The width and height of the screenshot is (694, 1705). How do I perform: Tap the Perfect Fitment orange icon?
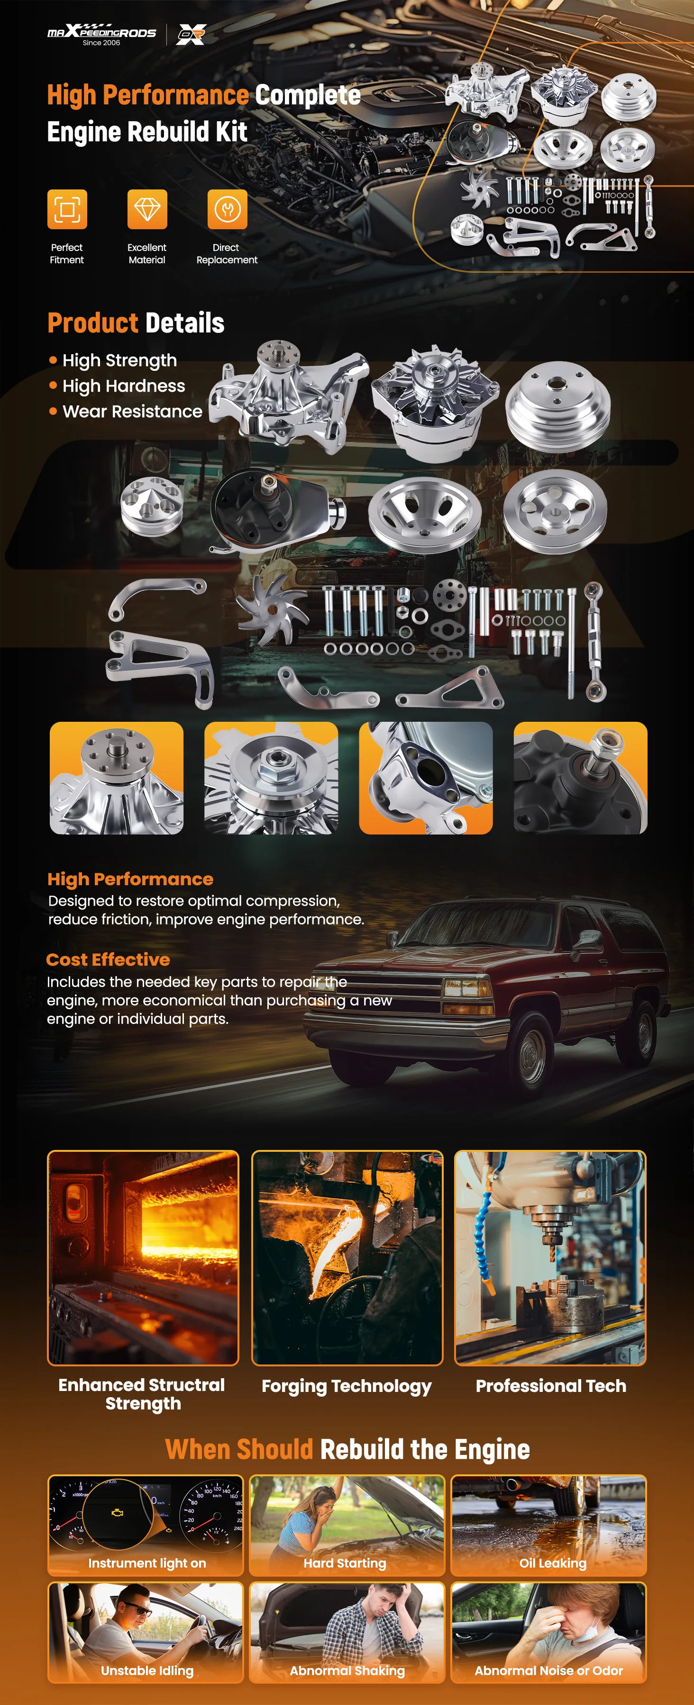click(67, 209)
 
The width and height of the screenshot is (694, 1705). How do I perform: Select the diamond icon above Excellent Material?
click(147, 209)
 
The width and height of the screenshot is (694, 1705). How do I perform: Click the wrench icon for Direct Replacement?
click(227, 209)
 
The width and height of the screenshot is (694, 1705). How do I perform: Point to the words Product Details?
click(136, 323)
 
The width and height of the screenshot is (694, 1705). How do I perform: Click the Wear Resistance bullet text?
click(132, 412)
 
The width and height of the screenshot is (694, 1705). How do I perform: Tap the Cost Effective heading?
click(108, 960)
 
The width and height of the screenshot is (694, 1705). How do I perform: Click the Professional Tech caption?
click(551, 1386)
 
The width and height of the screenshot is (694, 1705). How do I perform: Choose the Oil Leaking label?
click(553, 1563)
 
